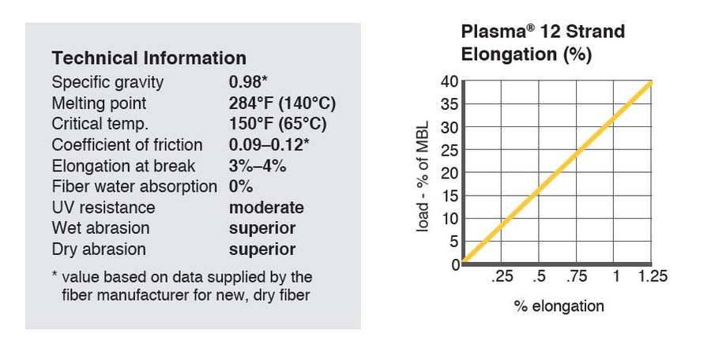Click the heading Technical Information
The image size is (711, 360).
(x=149, y=58)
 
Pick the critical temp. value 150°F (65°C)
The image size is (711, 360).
(x=277, y=124)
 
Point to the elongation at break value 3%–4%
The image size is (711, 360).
(x=258, y=166)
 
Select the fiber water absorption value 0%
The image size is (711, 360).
(x=241, y=187)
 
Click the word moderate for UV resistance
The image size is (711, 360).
(x=266, y=208)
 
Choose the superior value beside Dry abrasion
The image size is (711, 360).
(x=262, y=249)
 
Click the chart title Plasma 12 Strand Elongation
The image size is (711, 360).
(x=543, y=43)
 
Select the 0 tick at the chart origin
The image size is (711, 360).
(x=454, y=264)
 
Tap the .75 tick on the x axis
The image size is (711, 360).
(x=577, y=276)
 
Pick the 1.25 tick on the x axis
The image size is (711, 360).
(x=653, y=276)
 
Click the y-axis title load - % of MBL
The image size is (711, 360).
(x=423, y=172)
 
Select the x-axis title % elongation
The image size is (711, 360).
(x=559, y=306)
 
